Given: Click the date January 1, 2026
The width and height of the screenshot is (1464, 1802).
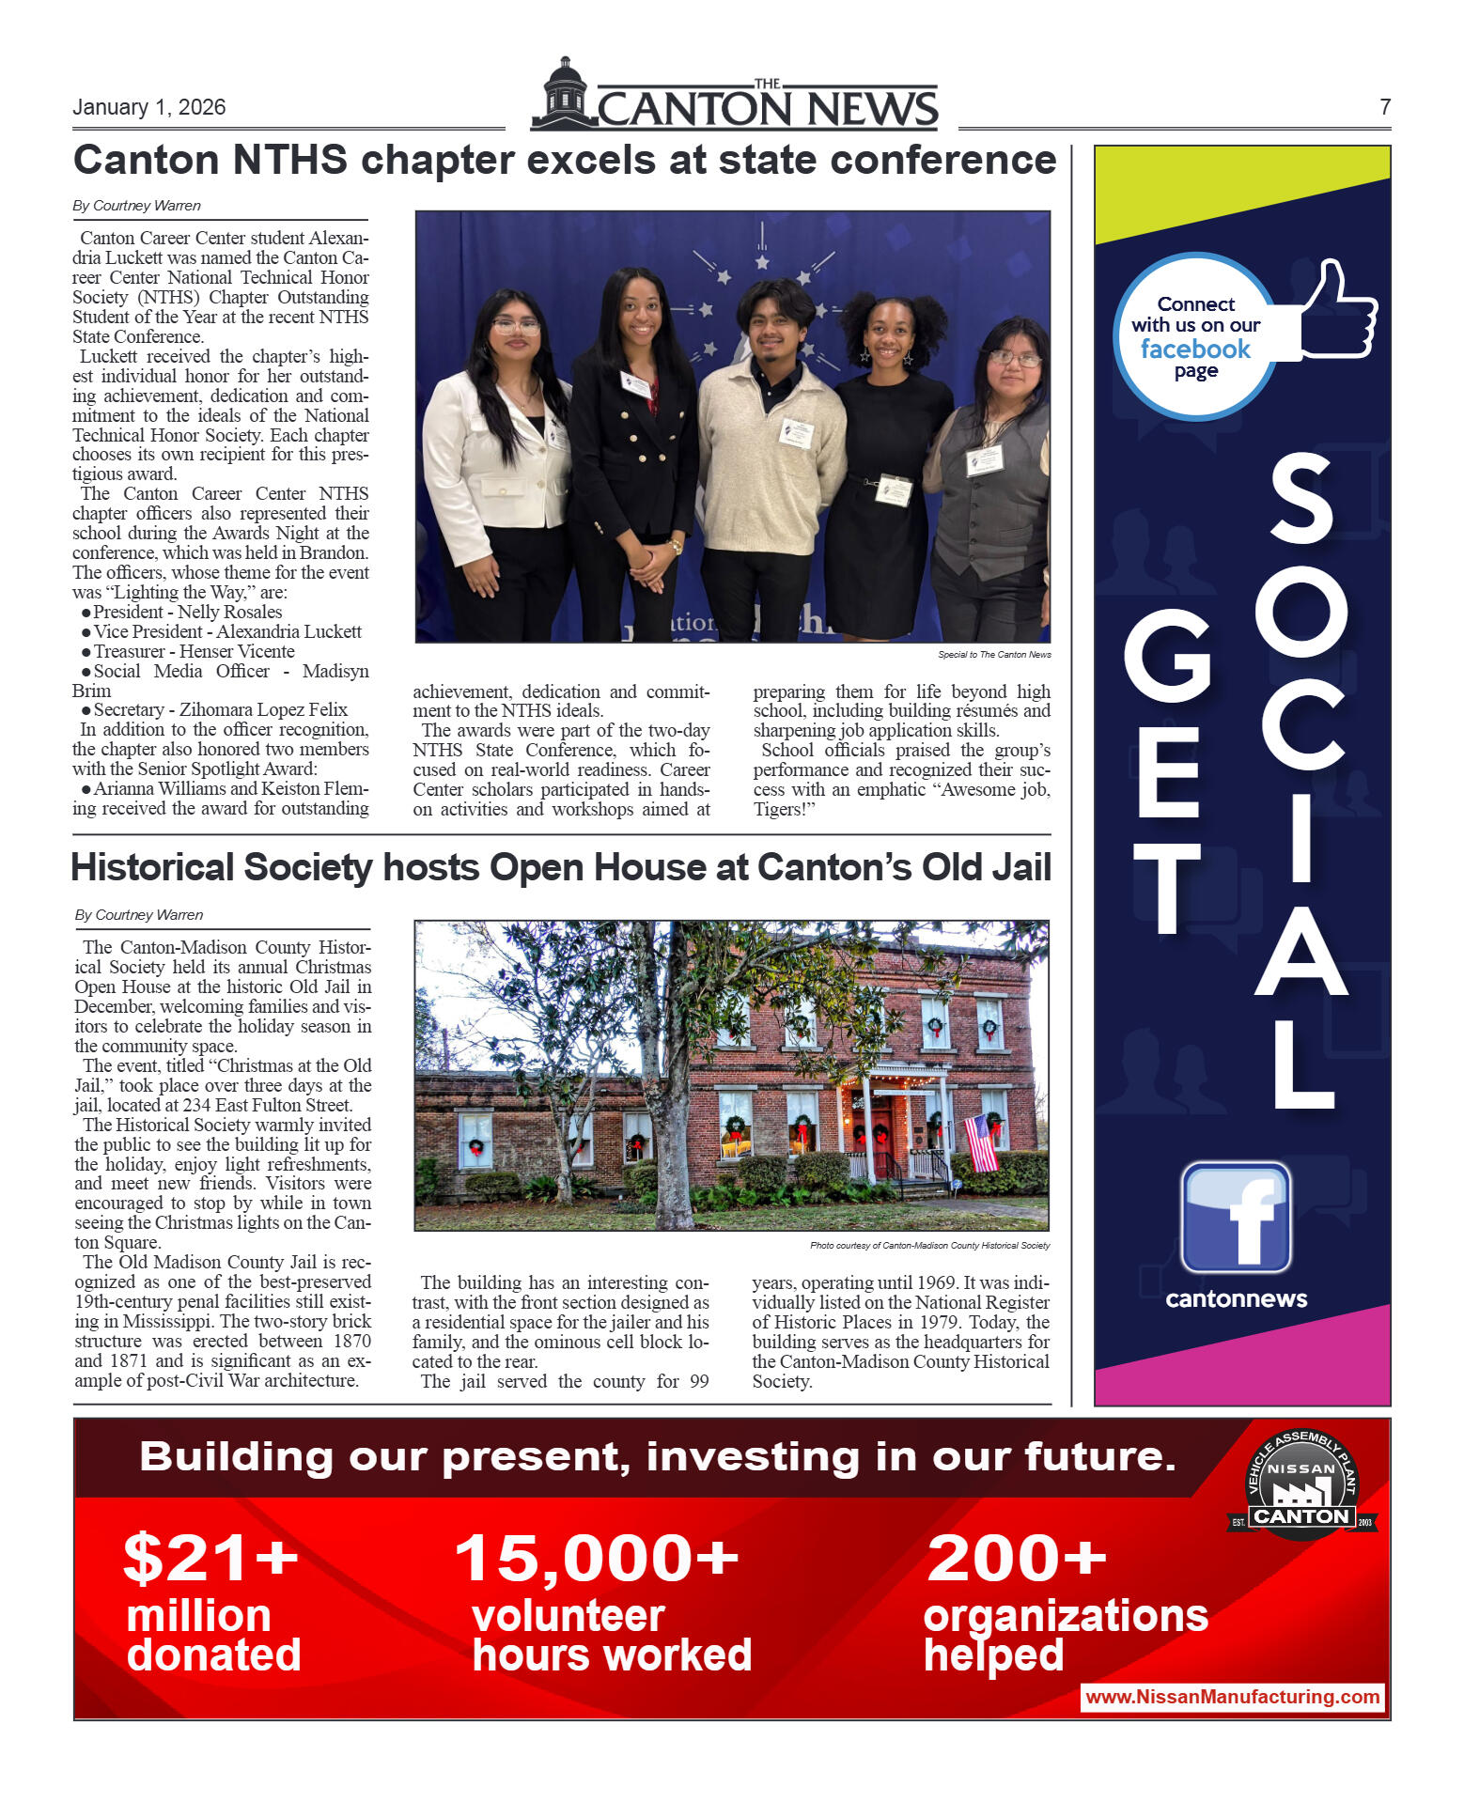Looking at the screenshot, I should coord(148,107).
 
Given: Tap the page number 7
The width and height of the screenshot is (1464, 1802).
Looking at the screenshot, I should coord(1384,107).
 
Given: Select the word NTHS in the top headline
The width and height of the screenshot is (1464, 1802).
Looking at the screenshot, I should coord(290,161).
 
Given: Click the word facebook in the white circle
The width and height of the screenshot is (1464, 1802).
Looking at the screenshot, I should coord(1195,350).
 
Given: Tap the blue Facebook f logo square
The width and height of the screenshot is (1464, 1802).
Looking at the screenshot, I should coord(1236,1218).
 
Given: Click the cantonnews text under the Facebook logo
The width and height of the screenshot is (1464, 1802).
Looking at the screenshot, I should coord(1236,1299).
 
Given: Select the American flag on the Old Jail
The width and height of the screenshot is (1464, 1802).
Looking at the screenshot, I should coord(980,1141).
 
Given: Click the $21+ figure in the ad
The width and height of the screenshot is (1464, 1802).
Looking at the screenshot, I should coord(210,1558).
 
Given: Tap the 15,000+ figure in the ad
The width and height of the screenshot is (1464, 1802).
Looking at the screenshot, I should coord(597,1558).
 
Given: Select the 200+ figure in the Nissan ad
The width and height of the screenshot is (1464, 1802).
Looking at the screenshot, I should coord(1017,1558).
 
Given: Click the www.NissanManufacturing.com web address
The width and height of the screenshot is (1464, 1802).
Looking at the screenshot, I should coord(1232,1697).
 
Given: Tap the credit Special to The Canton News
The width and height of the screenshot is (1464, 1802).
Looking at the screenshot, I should coord(994,655).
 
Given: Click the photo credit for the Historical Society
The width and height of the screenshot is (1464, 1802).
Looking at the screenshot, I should coord(929,1246).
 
